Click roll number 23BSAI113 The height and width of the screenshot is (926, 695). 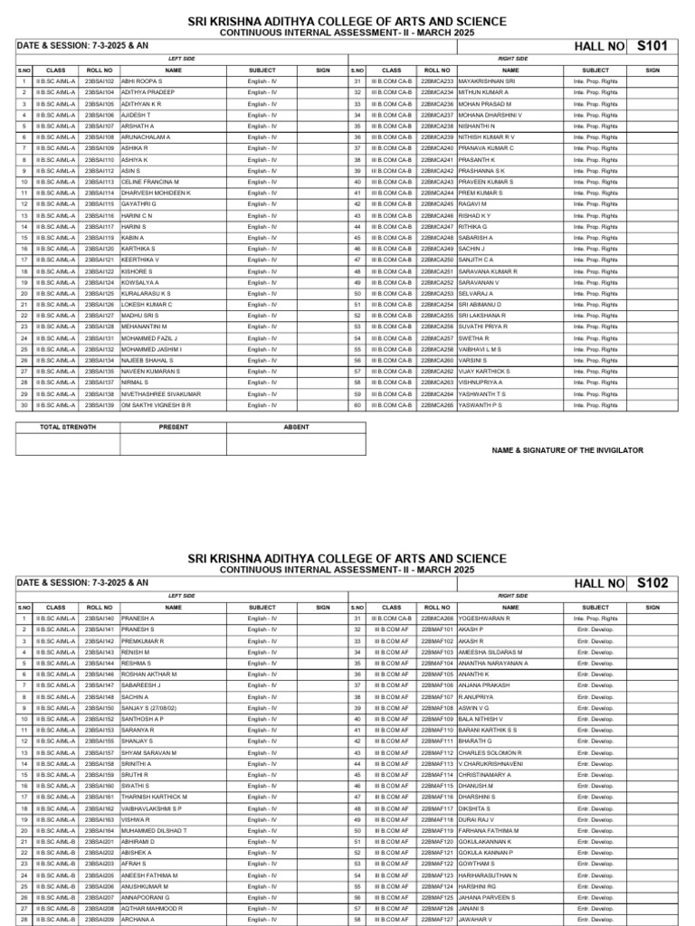[100, 182]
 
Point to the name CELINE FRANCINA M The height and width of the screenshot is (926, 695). [150, 182]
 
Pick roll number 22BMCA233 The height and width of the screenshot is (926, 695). [437, 81]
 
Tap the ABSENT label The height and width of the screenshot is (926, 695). [296, 426]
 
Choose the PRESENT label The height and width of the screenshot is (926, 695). [174, 426]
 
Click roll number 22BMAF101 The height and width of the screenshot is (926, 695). [437, 629]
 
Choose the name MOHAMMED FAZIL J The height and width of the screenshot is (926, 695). [149, 338]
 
